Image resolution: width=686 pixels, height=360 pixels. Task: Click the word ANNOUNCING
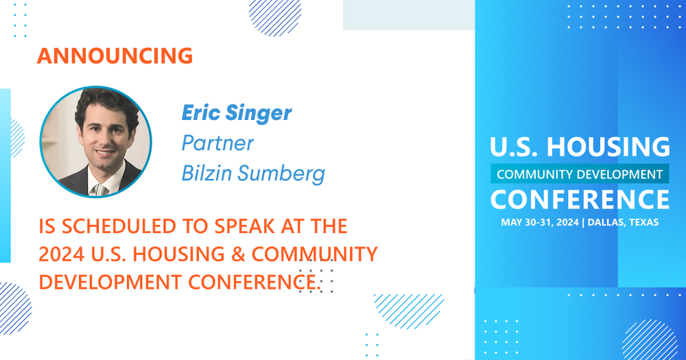click(x=115, y=56)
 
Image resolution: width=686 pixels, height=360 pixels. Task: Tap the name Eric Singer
click(x=237, y=113)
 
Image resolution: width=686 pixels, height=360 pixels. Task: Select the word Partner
click(x=217, y=143)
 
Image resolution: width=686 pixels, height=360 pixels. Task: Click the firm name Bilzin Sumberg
click(x=253, y=173)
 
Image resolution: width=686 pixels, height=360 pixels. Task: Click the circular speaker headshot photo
click(x=96, y=142)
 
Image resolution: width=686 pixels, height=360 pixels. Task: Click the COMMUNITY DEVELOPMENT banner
click(x=580, y=174)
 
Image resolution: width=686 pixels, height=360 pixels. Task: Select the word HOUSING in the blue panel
click(x=608, y=147)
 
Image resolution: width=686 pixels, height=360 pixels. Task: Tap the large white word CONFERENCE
click(x=580, y=200)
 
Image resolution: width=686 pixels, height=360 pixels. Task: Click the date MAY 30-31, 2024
click(x=540, y=222)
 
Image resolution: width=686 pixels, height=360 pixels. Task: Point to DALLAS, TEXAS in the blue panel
click(x=623, y=222)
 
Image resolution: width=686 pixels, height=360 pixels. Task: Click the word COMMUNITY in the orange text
click(x=315, y=254)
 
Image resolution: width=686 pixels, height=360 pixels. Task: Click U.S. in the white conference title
click(x=515, y=147)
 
